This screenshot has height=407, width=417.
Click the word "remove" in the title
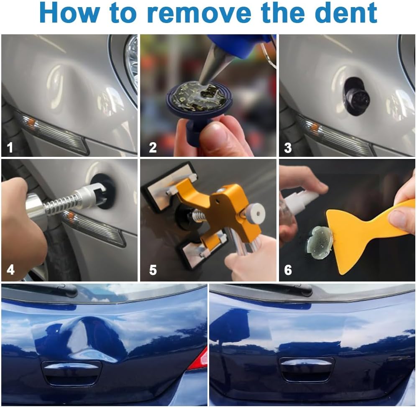click(199, 13)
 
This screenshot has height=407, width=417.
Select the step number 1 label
click(10, 147)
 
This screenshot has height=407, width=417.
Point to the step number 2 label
click(153, 147)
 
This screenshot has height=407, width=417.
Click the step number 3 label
click(288, 148)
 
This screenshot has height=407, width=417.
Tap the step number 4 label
click(10, 270)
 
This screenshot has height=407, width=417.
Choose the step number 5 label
click(153, 270)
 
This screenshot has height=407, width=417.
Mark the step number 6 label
click(288, 270)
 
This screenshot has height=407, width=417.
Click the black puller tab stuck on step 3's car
click(356, 96)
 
